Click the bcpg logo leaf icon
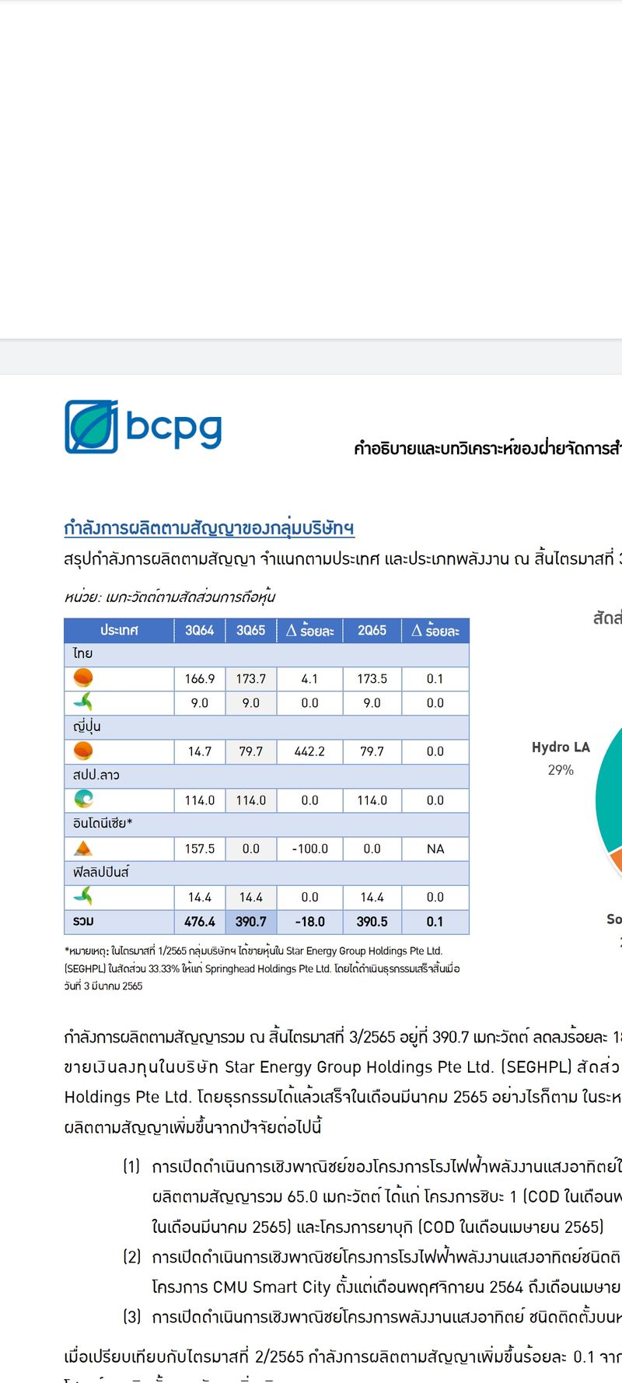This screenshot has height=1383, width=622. pos(91,426)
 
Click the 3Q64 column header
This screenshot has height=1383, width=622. pos(199,630)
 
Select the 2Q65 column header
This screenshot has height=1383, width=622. pos(372,630)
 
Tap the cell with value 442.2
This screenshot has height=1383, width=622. pos(309,751)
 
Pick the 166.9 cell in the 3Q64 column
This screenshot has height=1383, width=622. pos(199,678)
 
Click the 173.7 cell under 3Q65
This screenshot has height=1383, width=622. pos(250,678)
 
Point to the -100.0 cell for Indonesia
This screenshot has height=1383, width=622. pos(309,849)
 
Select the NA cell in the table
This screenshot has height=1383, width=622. pos(435,849)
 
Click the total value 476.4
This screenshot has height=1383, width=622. pos(199,922)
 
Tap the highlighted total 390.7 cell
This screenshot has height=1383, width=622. pos(250,922)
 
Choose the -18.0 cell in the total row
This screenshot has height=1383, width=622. pos(309,922)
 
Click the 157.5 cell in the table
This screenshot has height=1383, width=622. pos(199,849)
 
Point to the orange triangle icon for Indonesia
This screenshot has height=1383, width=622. pos(82,849)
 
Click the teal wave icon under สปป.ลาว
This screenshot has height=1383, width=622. pos(83,799)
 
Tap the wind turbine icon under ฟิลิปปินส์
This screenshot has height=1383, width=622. pos(83,897)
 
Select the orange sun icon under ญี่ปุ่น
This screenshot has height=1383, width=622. pos(83,751)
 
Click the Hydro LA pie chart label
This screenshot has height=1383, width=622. pos(561,748)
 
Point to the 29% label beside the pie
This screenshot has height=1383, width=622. pos(561,770)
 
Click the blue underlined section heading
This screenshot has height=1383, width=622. pos(209,528)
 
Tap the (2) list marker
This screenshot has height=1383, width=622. pos(132,1256)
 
